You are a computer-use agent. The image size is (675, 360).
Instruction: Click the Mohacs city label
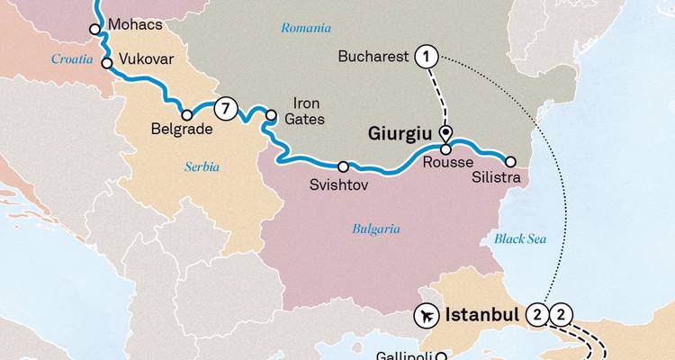[x=134, y=24]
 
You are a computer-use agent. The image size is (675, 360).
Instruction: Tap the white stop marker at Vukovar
[x=107, y=64]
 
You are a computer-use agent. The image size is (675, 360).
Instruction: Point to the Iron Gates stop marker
[x=271, y=114]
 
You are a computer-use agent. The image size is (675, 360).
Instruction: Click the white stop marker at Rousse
[x=445, y=149]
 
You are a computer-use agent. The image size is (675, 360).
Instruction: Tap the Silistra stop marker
[x=510, y=162]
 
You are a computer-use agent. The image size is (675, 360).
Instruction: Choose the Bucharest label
[x=373, y=58]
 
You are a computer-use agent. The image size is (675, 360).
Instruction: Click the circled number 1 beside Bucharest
[x=427, y=58]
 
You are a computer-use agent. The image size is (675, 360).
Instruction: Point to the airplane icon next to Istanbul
[x=422, y=316]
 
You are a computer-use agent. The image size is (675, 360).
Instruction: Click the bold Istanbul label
[x=481, y=316]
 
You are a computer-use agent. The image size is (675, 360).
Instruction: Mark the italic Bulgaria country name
[x=376, y=229]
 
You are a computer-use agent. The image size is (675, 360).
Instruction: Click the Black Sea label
[x=519, y=238]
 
